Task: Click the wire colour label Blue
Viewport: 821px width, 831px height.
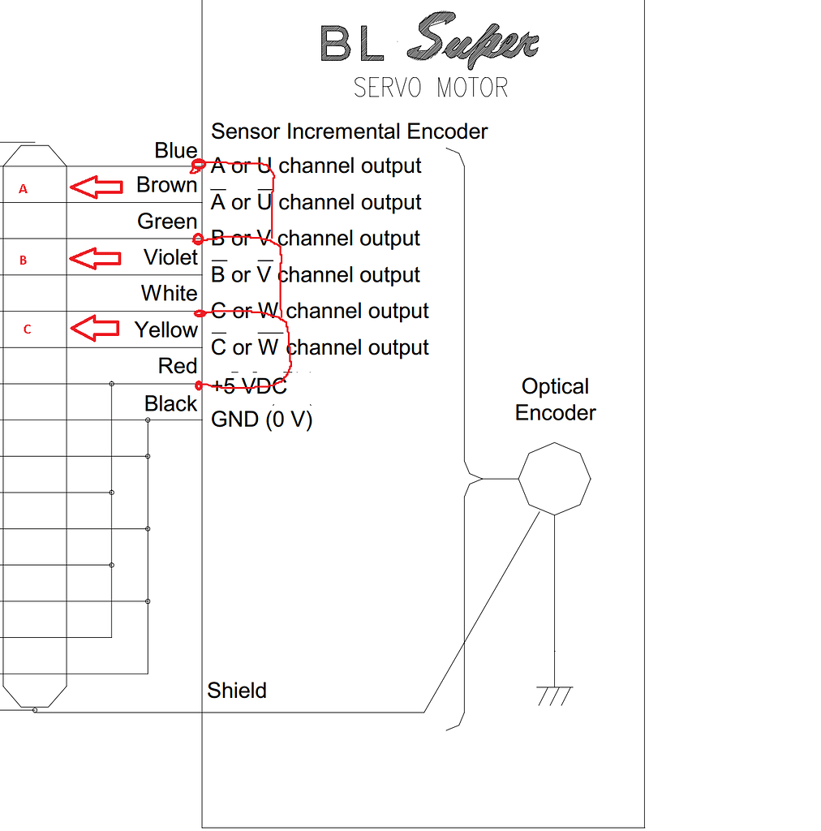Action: point(176,151)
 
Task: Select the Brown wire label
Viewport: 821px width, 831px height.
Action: point(166,185)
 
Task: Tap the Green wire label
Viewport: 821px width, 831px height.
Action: point(167,222)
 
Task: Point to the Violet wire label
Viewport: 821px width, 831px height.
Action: point(170,257)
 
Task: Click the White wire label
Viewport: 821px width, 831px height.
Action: point(169,293)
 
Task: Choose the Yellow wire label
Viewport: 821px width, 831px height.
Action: point(165,329)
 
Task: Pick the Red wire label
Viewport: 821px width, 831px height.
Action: point(178,366)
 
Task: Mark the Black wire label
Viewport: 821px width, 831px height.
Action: point(170,403)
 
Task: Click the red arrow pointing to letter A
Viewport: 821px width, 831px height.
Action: point(95,187)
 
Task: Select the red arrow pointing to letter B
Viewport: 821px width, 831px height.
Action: point(95,259)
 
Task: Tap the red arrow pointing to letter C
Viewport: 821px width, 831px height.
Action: point(95,329)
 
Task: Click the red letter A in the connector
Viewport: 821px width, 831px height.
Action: point(23,189)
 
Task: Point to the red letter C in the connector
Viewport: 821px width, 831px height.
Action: point(27,329)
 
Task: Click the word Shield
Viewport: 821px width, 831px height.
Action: point(237,691)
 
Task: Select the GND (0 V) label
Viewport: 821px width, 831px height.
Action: point(261,420)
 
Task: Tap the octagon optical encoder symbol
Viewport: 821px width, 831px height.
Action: point(554,479)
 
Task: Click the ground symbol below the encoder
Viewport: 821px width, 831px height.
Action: point(554,695)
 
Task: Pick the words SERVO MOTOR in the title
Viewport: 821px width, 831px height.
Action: point(431,88)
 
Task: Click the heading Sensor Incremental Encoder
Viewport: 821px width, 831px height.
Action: point(350,131)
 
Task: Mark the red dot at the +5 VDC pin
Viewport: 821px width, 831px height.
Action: point(199,384)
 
